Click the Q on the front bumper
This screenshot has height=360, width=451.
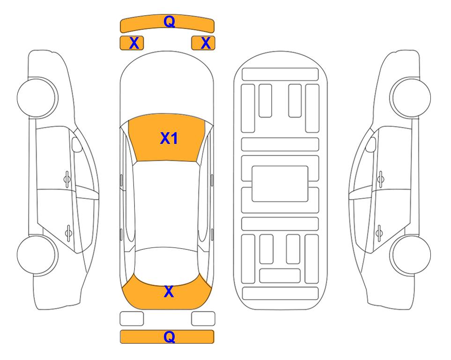coord(169,21)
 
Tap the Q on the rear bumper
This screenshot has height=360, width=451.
coord(169,337)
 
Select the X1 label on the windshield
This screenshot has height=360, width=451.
coord(169,138)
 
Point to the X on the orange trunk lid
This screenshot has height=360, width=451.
coord(169,292)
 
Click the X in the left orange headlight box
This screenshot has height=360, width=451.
coord(134,43)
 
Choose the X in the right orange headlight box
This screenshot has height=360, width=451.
coord(206,43)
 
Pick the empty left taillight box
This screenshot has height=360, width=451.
coord(132,319)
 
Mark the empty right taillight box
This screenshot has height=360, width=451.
coord(203,319)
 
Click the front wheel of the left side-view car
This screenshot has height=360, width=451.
coord(37,97)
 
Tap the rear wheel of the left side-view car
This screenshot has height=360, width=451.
coord(37,255)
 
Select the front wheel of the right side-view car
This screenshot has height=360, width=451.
coord(411,97)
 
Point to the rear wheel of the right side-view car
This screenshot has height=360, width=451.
coord(411,255)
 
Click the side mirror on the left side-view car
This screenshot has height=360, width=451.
coord(77,144)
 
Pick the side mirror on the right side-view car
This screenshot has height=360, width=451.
coord(371,144)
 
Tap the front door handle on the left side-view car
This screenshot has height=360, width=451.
coord(67,180)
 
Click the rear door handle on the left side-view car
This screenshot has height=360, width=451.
coord(68,232)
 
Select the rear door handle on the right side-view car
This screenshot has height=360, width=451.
coord(379,232)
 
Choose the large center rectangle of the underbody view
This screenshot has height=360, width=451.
coord(280,184)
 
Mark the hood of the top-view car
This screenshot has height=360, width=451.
coord(167,86)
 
